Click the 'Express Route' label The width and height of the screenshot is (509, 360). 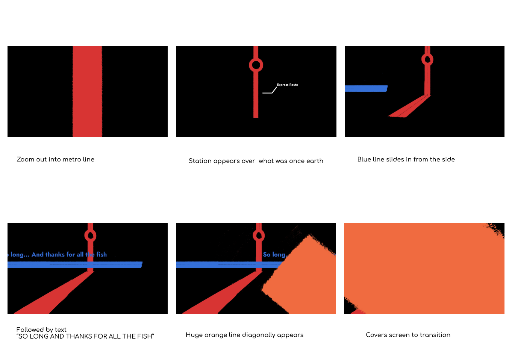click(x=287, y=85)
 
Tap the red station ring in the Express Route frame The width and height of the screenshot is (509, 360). click(x=256, y=65)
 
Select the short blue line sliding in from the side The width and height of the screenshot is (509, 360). click(x=366, y=88)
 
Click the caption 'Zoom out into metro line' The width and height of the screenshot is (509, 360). click(x=56, y=159)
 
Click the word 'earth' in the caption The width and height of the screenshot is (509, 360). click(x=315, y=161)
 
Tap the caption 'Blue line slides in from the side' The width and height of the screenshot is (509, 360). click(x=406, y=159)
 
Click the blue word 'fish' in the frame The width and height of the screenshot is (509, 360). click(x=101, y=255)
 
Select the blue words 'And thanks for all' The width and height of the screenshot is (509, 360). click(x=58, y=255)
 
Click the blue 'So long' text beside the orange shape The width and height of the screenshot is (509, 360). click(x=274, y=255)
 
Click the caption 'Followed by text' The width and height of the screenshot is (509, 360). click(x=41, y=330)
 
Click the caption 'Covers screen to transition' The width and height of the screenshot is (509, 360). click(x=408, y=335)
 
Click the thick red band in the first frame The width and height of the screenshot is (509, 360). click(x=87, y=91)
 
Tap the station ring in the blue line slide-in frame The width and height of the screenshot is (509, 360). click(x=427, y=59)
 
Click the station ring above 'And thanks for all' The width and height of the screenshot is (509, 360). click(x=90, y=235)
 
